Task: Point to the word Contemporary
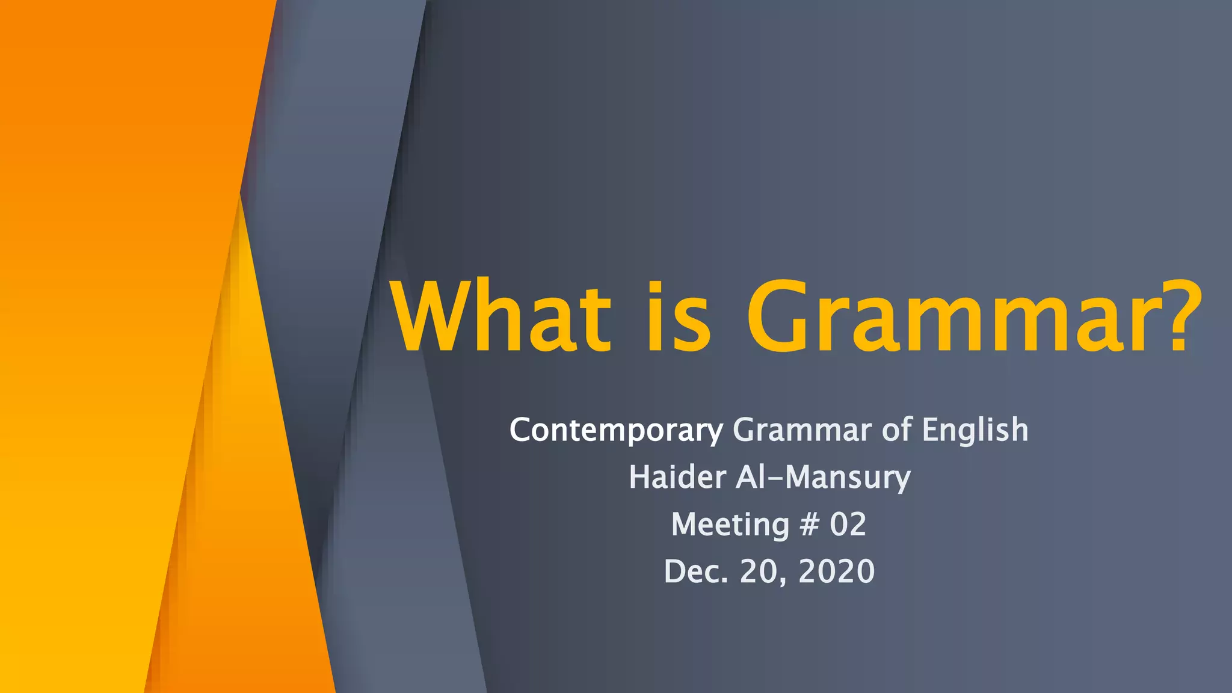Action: (x=616, y=431)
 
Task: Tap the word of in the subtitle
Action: (x=896, y=430)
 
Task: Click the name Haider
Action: (x=677, y=477)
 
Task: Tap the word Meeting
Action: (x=730, y=524)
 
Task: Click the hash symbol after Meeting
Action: (x=809, y=524)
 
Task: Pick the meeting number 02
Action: (x=848, y=524)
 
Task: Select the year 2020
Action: (x=836, y=571)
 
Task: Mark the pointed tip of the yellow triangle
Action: (x=241, y=196)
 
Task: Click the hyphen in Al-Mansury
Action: (x=777, y=479)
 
